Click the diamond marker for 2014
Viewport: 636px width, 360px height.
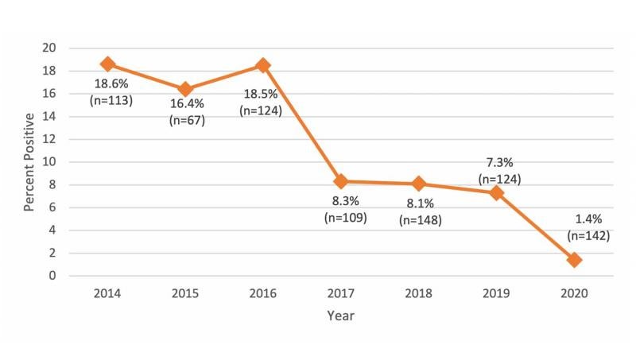(x=108, y=64)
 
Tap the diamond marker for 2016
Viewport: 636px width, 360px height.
(x=263, y=64)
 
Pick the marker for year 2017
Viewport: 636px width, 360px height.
(x=341, y=181)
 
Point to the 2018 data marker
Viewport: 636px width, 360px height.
(x=419, y=184)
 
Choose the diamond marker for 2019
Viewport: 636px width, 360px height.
(x=496, y=193)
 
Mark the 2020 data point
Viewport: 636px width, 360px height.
(x=574, y=260)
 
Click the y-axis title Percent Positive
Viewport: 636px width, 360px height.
(x=29, y=161)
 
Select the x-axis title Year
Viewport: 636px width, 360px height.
(x=341, y=315)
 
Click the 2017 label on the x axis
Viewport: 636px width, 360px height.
(x=341, y=292)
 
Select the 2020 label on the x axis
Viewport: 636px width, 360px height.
(x=574, y=292)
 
